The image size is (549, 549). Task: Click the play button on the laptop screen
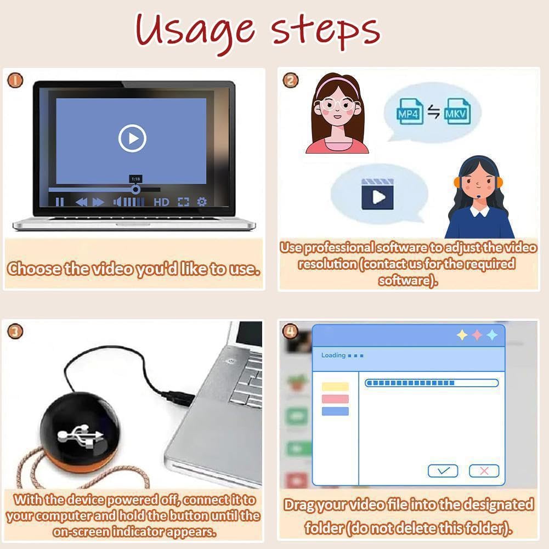(132, 138)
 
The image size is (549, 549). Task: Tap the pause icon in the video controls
(60, 202)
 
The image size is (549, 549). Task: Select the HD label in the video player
(161, 202)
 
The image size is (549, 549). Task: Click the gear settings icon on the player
(202, 202)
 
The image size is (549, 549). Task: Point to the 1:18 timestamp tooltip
(135, 179)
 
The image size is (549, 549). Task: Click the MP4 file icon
(410, 112)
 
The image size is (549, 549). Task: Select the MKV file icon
(457, 112)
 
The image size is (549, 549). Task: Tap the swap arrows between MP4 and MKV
(433, 112)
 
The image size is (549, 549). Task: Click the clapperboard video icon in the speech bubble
(377, 194)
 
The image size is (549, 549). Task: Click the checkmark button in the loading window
(443, 471)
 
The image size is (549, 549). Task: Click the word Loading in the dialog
(333, 355)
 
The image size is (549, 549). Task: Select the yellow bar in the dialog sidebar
(335, 387)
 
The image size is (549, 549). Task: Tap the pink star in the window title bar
(477, 335)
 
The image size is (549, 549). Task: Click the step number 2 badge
(290, 80)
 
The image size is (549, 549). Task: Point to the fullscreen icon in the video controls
(183, 202)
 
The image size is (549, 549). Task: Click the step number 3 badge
(15, 331)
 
